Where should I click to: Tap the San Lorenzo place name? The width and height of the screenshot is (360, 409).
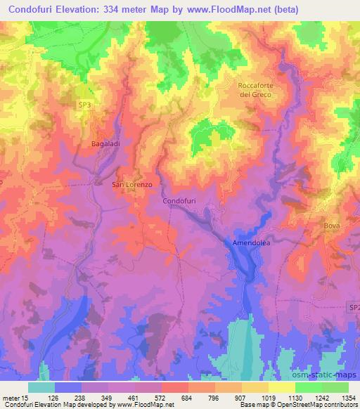click(133, 185)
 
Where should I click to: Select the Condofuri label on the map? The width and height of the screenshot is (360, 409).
click(179, 201)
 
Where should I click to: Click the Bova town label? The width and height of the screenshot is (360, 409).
click(332, 226)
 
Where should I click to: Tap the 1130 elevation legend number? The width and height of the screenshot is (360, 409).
click(295, 398)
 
